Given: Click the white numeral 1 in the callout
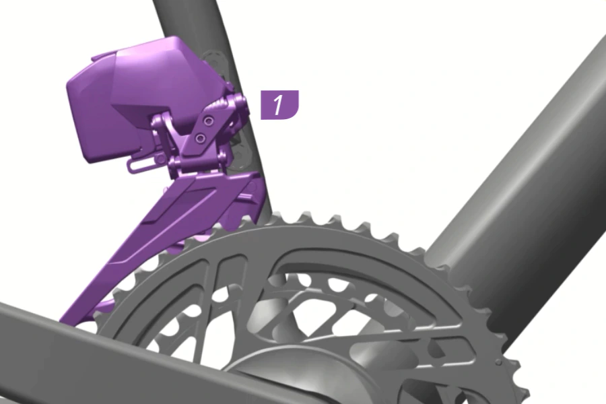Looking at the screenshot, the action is click(x=278, y=105).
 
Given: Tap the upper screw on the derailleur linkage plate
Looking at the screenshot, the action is click(x=209, y=121).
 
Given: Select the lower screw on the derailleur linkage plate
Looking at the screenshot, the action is click(x=200, y=138).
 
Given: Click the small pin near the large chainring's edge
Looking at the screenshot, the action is click(x=499, y=362).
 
